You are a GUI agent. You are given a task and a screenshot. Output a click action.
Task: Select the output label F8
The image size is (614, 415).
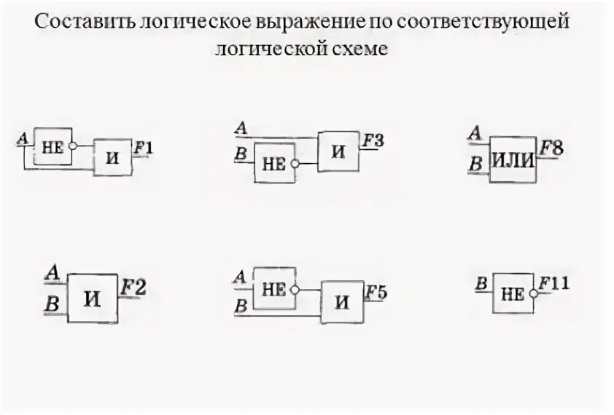(x=551, y=149)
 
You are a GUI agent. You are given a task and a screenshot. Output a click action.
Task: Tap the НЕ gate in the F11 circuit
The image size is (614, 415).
(x=513, y=294)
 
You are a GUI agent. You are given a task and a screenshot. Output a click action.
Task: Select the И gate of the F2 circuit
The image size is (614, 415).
(x=92, y=298)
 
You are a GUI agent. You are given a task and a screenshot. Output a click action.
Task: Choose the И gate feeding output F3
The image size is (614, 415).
(x=338, y=151)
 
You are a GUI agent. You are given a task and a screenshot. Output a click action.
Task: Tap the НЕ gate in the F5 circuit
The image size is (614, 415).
(x=273, y=288)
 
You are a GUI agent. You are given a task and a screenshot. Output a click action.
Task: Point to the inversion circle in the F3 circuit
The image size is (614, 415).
(x=295, y=164)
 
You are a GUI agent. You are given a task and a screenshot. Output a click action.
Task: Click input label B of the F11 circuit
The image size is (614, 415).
(x=481, y=285)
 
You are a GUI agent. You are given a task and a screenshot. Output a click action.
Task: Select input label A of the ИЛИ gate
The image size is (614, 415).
(x=475, y=133)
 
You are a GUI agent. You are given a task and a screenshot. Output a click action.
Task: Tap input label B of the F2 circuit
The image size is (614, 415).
(x=52, y=304)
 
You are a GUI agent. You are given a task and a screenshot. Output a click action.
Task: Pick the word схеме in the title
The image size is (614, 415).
(x=368, y=49)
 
